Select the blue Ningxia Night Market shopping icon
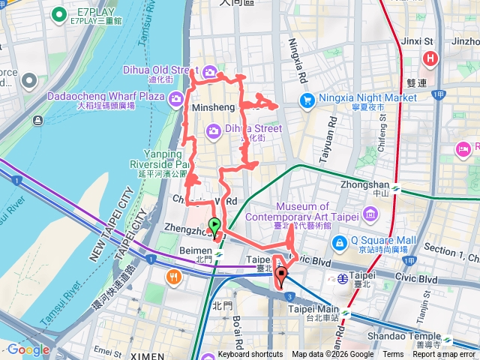(307, 99)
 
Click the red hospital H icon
(430, 58)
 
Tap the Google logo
(28, 349)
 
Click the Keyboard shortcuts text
(250, 355)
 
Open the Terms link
(393, 355)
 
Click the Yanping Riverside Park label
(155, 158)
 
